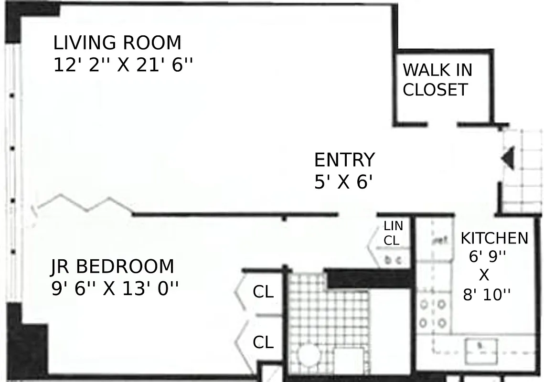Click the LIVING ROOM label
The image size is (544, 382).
[x=117, y=43]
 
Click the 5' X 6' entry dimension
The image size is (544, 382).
[x=343, y=182]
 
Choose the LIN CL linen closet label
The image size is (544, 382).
[x=393, y=233]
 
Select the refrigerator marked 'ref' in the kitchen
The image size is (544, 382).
[x=438, y=240]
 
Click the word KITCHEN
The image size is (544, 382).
[x=494, y=238]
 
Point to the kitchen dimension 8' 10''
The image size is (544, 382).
[x=487, y=295]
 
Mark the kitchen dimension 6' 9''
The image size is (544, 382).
[x=487, y=257]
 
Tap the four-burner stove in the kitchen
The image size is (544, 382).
[x=433, y=313]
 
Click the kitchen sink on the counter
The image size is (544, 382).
[x=481, y=345]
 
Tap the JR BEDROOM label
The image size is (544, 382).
[x=112, y=266]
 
